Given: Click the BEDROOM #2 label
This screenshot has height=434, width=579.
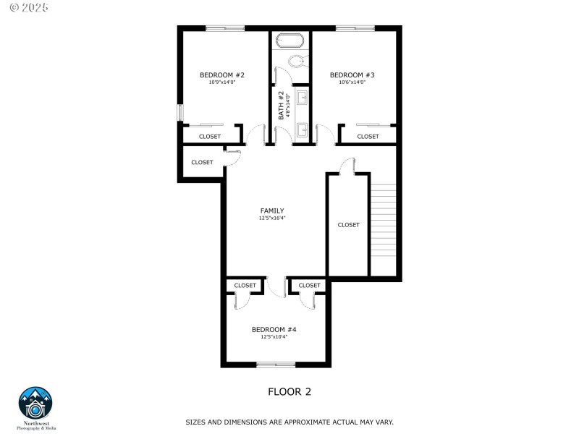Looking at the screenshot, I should (222, 75).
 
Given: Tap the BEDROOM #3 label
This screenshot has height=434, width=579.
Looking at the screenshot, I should (352, 75).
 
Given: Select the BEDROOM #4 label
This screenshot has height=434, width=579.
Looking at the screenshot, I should (274, 329).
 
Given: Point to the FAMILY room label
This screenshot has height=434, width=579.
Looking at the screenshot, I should (272, 211).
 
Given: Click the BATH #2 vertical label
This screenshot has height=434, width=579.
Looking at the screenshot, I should (281, 106).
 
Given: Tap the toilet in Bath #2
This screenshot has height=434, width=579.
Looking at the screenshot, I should (296, 61).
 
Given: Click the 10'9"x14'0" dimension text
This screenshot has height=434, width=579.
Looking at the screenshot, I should (222, 82).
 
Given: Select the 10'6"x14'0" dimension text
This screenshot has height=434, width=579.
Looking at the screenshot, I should (352, 82).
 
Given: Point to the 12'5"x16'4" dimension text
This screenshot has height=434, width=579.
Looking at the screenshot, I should (272, 218).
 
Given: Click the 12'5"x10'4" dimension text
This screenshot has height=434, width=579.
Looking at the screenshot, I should (274, 336).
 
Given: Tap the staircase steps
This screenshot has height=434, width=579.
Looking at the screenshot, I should (384, 228).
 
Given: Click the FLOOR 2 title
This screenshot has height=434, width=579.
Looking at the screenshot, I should (289, 392).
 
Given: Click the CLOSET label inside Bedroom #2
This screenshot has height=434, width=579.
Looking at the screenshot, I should (210, 136).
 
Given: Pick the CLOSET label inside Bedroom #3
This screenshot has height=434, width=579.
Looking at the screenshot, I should (368, 136).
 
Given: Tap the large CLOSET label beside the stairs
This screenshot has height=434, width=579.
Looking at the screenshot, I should (348, 225).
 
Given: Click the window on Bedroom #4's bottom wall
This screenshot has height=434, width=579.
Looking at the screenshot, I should (276, 364).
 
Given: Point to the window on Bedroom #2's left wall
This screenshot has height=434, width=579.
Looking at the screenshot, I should (181, 114).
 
